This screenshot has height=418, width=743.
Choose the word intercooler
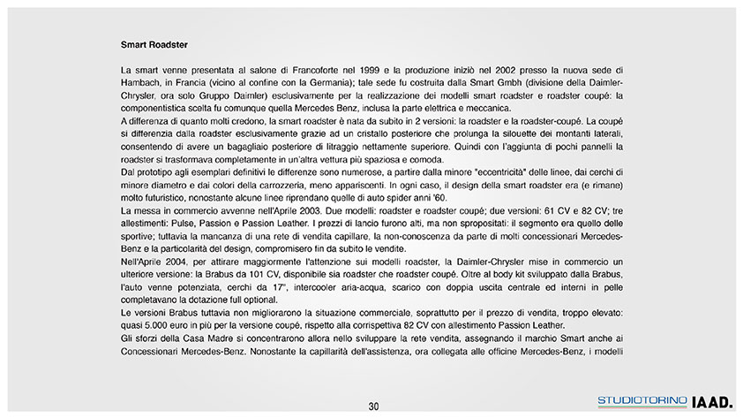pyautogui.click(x=305, y=289)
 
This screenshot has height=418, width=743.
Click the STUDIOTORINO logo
pyautogui.click(x=642, y=401)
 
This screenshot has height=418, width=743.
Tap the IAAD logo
pyautogui.click(x=712, y=401)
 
